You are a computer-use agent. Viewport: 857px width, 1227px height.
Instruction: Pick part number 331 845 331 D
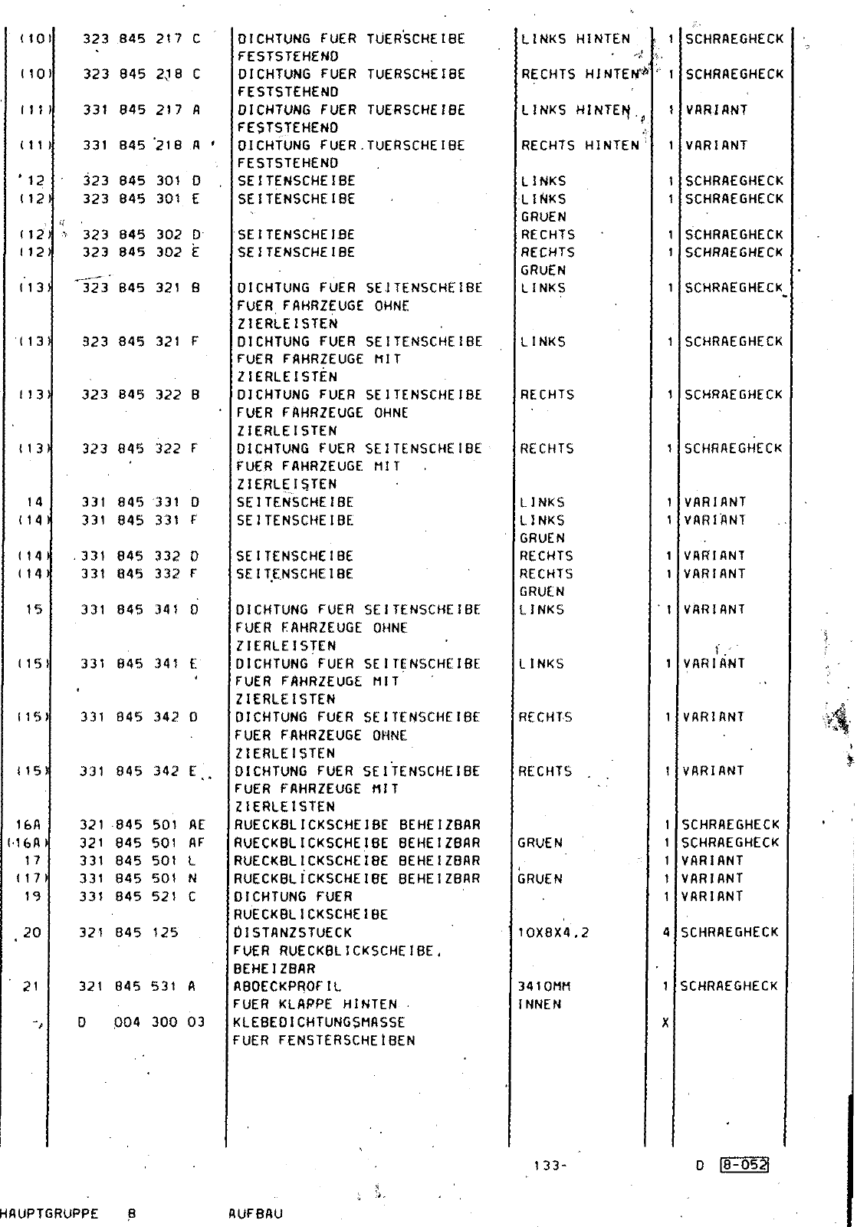coord(141,502)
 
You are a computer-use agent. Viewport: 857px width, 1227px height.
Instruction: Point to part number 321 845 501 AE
coord(143,825)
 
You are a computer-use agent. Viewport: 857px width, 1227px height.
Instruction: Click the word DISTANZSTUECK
coord(292,933)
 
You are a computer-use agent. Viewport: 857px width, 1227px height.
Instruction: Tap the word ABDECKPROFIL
coord(287,986)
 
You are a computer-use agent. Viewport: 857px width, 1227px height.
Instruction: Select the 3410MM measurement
coord(545,986)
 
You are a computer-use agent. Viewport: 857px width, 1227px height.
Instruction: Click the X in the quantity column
coord(665,1022)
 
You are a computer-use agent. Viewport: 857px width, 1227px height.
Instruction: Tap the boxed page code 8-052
coord(744,1166)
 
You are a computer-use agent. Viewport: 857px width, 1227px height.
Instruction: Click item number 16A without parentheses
coord(28,825)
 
